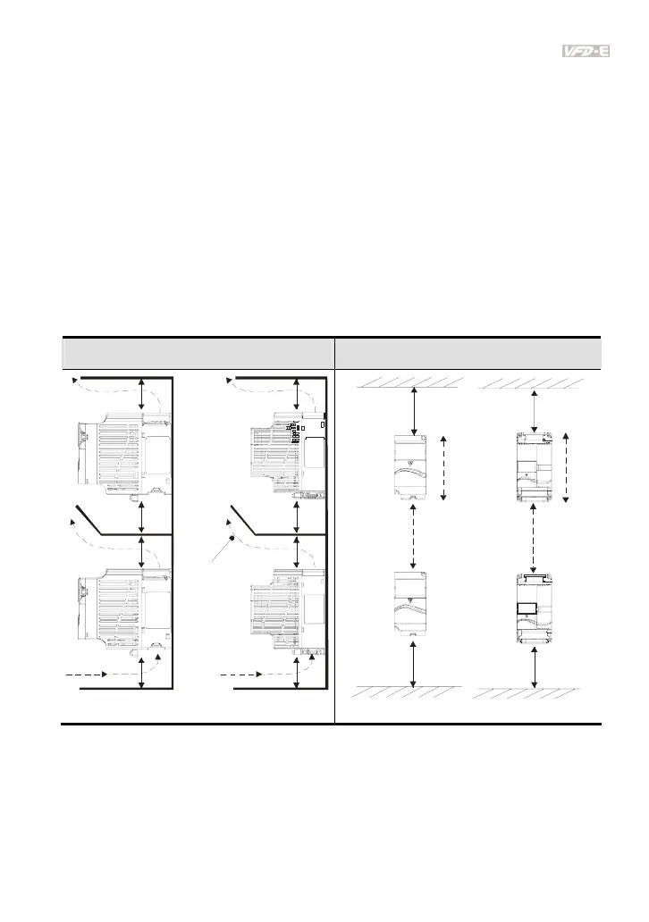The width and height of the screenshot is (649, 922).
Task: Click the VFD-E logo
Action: pyautogui.click(x=586, y=52)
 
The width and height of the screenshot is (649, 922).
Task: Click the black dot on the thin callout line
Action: pyautogui.click(x=232, y=538)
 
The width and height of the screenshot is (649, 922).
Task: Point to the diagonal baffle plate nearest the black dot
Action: pyautogui.click(x=276, y=520)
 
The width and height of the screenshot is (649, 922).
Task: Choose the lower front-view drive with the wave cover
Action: pyautogui.click(x=409, y=603)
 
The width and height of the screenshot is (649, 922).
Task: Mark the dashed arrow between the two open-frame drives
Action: pyautogui.click(x=533, y=538)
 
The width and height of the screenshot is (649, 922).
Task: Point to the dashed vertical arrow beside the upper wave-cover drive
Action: pyautogui.click(x=443, y=468)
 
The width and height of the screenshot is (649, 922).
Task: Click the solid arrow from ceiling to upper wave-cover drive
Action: pyautogui.click(x=416, y=410)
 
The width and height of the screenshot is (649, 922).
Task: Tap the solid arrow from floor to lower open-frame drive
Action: pyautogui.click(x=534, y=666)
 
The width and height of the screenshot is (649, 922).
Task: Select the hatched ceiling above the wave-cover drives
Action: pyautogui.click(x=409, y=382)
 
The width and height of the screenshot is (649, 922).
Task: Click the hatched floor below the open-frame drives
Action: pyautogui.click(x=529, y=692)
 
